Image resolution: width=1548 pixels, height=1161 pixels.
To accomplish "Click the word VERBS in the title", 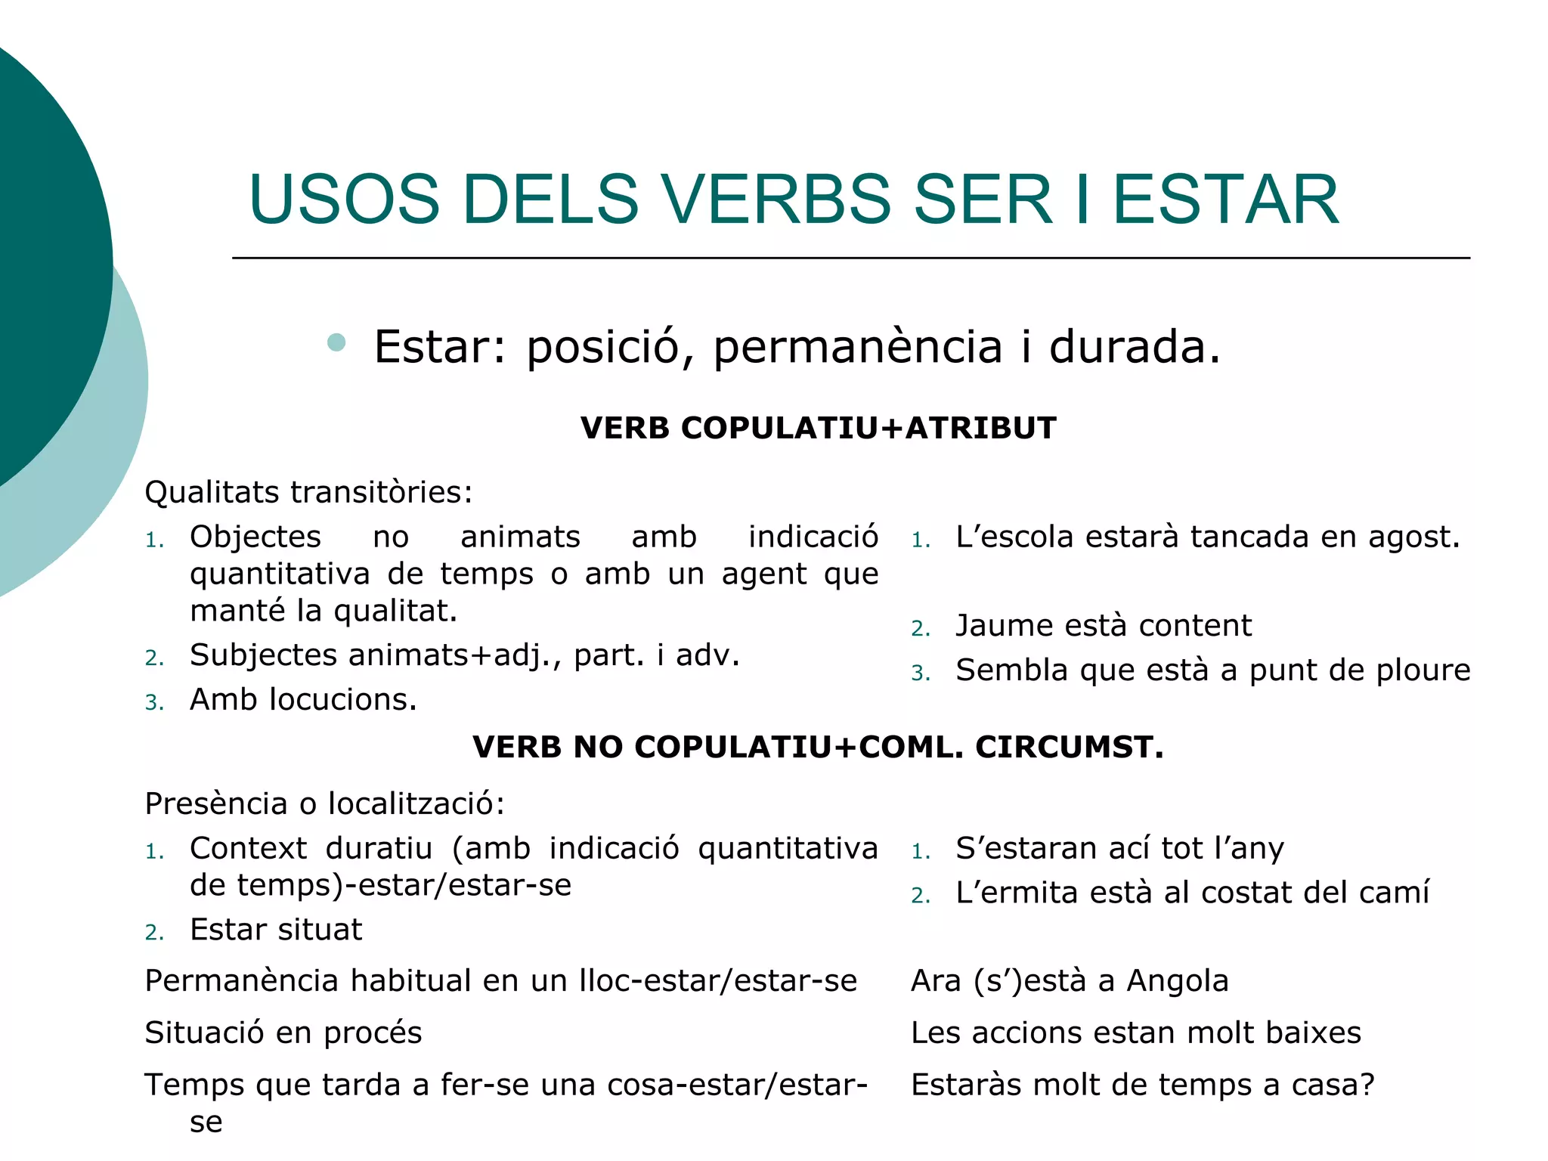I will pyautogui.click(x=779, y=200).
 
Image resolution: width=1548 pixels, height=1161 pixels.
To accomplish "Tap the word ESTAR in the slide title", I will pyautogui.click(x=1225, y=200).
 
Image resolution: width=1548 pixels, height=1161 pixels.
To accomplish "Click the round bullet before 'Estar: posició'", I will pyautogui.click(x=336, y=343).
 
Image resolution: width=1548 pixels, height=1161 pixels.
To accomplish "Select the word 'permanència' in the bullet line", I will pyautogui.click(x=857, y=348).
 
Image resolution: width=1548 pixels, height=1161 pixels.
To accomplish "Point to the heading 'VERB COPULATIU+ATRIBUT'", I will pyautogui.click(x=818, y=429).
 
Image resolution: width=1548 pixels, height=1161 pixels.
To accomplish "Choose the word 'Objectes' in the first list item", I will pyautogui.click(x=255, y=537).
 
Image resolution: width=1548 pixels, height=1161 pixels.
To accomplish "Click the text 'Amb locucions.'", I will pyautogui.click(x=303, y=700).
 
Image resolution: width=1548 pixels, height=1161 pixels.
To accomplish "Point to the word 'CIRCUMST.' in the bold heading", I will pyautogui.click(x=1069, y=748).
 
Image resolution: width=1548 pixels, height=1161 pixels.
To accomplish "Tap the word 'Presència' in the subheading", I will pyautogui.click(x=215, y=804).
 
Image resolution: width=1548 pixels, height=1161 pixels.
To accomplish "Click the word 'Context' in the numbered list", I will pyautogui.click(x=248, y=849).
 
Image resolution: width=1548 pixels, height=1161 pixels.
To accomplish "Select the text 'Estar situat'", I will pyautogui.click(x=276, y=930).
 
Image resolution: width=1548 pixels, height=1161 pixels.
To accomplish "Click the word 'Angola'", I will pyautogui.click(x=1178, y=981).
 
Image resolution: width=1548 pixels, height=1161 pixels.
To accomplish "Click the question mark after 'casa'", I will pyautogui.click(x=1366, y=1085).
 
